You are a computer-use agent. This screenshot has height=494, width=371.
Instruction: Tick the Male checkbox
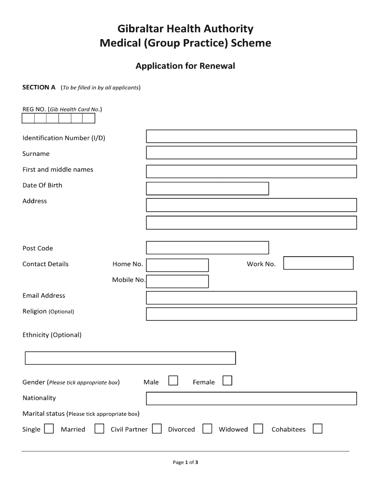(173, 381)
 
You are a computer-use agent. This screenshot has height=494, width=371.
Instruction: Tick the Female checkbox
(227, 381)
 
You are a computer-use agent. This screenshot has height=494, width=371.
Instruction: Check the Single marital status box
(49, 429)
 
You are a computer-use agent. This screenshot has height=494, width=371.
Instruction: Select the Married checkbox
(99, 429)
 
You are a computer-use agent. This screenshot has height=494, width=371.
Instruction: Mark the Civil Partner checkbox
(157, 429)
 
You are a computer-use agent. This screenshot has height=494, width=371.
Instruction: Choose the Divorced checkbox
(207, 429)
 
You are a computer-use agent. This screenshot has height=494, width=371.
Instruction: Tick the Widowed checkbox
(258, 429)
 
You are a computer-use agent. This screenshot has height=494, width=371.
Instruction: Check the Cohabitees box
(317, 429)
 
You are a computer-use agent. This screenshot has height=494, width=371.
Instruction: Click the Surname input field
(251, 153)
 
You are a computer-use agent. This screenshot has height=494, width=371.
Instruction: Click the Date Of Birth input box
(207, 189)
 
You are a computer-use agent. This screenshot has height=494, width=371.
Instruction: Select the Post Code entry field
(207, 248)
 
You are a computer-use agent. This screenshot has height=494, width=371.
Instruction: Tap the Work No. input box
(318, 263)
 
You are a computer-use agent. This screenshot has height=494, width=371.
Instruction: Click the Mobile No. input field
(177, 281)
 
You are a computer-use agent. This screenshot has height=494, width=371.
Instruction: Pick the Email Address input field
(251, 298)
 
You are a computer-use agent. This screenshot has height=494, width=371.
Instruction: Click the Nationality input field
(251, 398)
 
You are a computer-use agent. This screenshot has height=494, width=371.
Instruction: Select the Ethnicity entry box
(130, 358)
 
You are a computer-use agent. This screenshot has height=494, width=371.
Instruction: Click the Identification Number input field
(251, 137)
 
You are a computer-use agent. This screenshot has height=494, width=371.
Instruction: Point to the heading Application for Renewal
(185, 66)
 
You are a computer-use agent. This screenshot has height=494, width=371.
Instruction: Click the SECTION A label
(39, 87)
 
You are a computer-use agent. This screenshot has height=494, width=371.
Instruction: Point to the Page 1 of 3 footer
(185, 462)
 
